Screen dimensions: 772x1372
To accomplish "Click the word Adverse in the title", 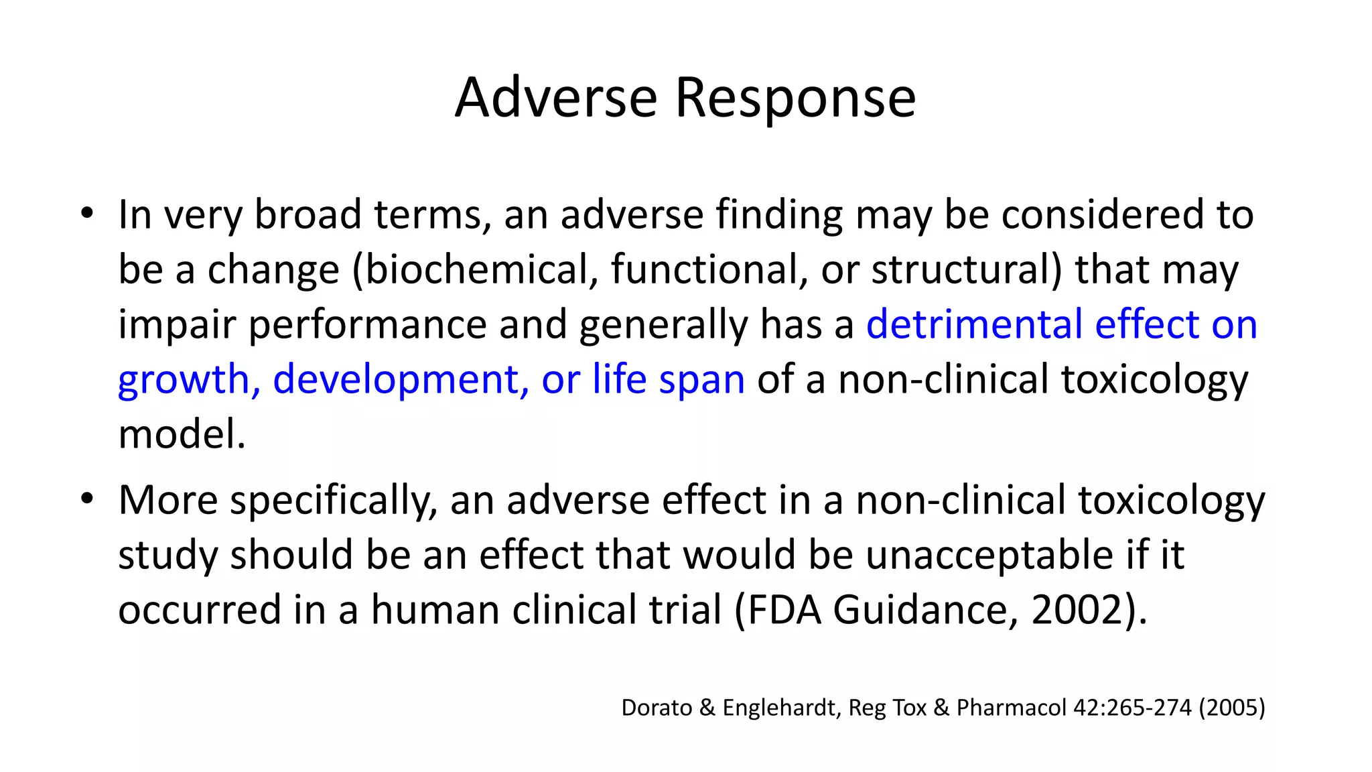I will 555,98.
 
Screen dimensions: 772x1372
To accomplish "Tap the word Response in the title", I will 795,98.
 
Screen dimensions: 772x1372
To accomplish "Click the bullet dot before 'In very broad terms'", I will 86,214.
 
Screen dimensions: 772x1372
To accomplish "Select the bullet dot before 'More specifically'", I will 86,500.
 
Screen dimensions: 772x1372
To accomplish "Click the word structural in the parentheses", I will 961,269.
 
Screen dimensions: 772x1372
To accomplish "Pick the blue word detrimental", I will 974,324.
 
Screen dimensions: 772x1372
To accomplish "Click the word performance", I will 367,326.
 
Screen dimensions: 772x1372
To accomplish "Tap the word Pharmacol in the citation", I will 1010,708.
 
